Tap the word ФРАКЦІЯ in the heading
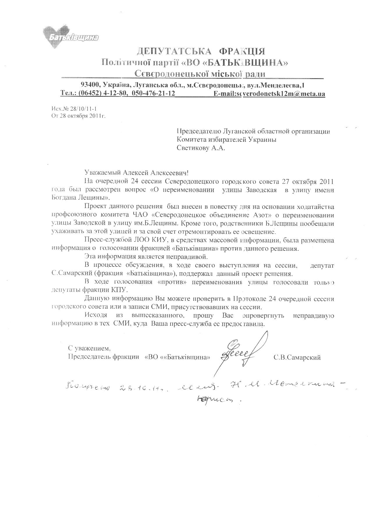coord(242,52)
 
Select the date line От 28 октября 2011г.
coord(79,115)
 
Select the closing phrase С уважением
coord(89,348)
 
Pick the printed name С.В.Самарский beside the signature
coord(297,357)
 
